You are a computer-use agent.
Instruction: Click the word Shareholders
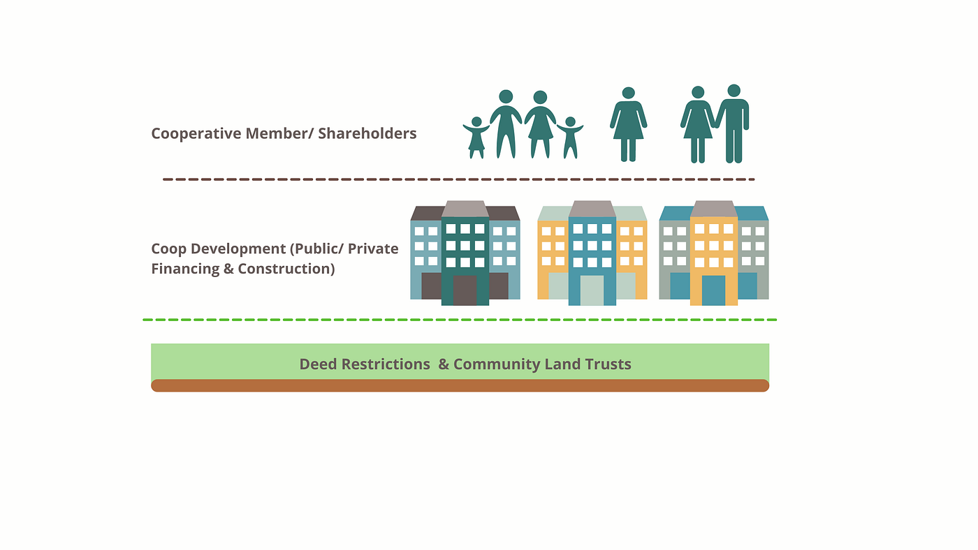tap(367, 133)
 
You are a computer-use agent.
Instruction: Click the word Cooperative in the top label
tap(196, 133)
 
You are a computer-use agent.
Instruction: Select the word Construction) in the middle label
tap(286, 269)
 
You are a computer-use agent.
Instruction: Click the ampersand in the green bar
tap(444, 364)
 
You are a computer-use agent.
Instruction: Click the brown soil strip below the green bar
tap(460, 385)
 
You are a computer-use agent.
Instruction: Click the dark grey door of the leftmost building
tap(465, 290)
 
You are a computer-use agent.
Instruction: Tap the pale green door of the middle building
tap(592, 290)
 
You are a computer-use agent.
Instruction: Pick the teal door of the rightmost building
tap(713, 290)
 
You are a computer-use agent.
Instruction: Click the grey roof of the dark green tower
tap(465, 209)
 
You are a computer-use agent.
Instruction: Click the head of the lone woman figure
tap(628, 93)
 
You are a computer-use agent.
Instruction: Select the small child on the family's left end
tap(476, 137)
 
